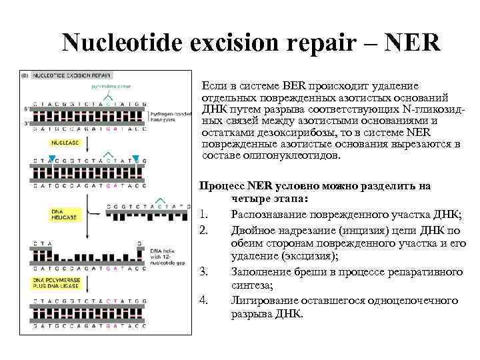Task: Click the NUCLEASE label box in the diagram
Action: (63, 143)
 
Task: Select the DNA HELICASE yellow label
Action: (65, 214)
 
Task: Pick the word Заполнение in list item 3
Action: (260, 271)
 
